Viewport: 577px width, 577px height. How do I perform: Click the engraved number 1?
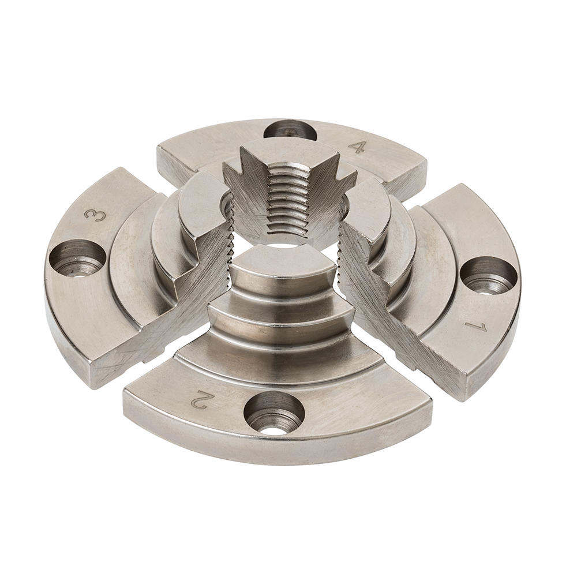479,327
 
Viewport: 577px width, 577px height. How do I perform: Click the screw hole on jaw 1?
489,275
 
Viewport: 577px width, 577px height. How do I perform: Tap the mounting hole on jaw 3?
77,258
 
